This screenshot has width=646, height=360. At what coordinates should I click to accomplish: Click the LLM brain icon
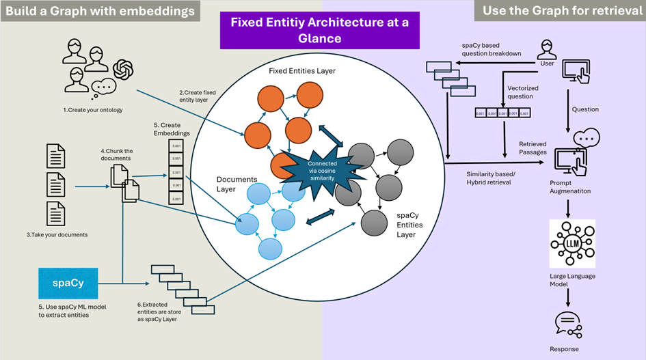572,243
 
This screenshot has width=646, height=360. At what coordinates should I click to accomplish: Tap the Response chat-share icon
568,323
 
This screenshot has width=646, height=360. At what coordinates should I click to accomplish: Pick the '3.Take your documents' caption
57,234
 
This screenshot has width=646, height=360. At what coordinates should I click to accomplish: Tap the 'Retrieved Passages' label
533,148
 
